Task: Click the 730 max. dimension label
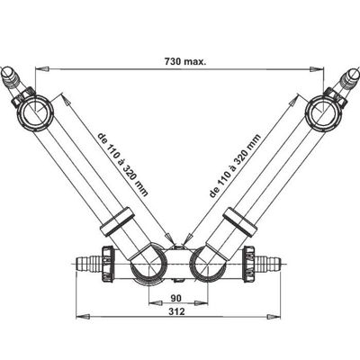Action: (185, 62)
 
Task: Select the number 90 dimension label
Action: (176, 299)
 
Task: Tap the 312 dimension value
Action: (176, 311)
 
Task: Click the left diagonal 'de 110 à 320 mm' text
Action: (123, 165)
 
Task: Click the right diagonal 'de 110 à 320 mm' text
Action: (235, 166)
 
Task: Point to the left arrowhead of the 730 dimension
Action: (41, 69)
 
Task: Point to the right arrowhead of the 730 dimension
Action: (318, 69)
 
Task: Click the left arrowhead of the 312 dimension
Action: (83, 317)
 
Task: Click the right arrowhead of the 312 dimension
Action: (274, 317)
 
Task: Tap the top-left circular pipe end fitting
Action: (36, 112)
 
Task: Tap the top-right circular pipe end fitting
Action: (323, 112)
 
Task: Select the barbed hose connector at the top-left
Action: (12, 77)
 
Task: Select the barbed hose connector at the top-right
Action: (348, 78)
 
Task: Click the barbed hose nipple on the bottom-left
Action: (88, 264)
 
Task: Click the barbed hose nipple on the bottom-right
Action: (268, 264)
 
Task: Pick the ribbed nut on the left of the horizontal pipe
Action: (108, 264)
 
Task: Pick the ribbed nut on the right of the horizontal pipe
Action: (249, 264)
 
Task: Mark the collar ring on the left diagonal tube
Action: (116, 222)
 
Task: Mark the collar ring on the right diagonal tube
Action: (240, 222)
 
